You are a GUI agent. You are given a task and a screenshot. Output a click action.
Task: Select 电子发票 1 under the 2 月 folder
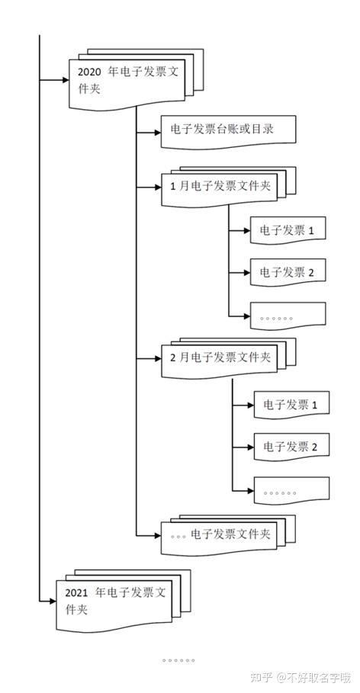click(x=291, y=404)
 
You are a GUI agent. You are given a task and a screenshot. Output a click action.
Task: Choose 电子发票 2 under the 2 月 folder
click(x=291, y=446)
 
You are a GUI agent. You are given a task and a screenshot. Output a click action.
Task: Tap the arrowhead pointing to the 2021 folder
click(x=52, y=602)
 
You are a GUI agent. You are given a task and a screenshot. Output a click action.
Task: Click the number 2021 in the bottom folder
click(x=77, y=593)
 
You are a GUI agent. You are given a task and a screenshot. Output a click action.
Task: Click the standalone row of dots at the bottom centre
click(x=178, y=660)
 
